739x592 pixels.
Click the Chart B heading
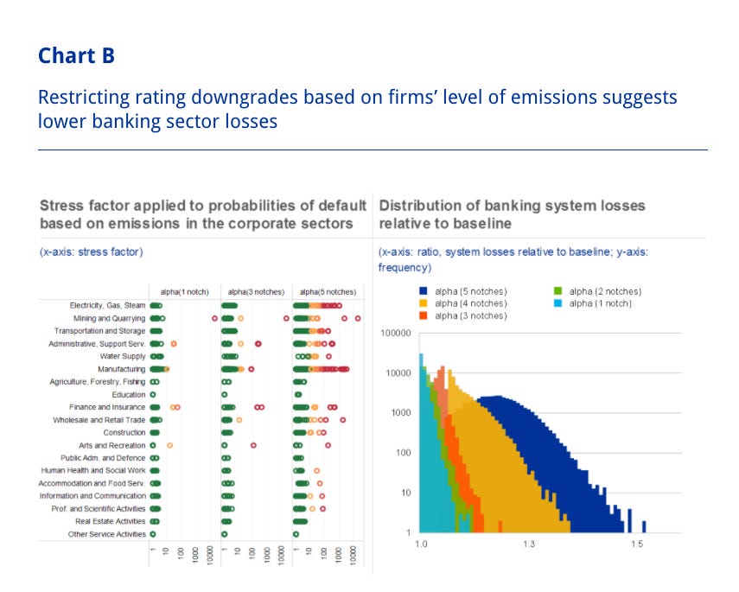click(x=76, y=55)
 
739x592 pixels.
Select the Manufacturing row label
click(x=122, y=369)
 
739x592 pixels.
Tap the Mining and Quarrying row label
click(x=110, y=318)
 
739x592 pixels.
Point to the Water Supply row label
click(x=123, y=356)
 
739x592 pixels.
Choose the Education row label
click(x=129, y=394)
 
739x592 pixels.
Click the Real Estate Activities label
click(x=111, y=521)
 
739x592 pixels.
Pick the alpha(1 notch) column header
click(x=184, y=292)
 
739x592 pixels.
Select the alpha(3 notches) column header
click(x=256, y=292)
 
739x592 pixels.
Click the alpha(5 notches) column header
click(x=328, y=292)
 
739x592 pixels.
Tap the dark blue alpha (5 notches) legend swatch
click(x=424, y=291)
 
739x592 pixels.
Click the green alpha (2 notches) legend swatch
click(x=558, y=291)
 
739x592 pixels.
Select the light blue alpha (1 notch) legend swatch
click(x=558, y=303)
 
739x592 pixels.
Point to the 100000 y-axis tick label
click(x=396, y=334)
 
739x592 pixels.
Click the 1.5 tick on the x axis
click(x=637, y=544)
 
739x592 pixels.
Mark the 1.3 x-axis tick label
click(x=529, y=544)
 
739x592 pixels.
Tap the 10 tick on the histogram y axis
click(x=405, y=493)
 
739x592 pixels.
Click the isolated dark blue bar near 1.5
click(x=644, y=526)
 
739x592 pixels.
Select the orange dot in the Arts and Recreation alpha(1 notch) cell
click(x=169, y=445)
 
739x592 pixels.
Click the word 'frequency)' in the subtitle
click(x=405, y=268)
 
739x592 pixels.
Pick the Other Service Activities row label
click(x=107, y=534)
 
